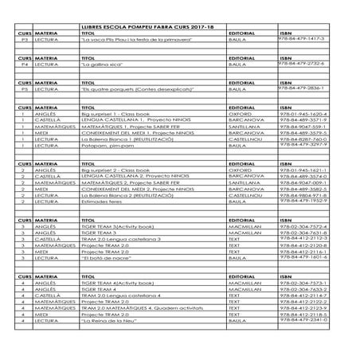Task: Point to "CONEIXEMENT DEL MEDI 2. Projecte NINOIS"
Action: (x=135, y=189)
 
